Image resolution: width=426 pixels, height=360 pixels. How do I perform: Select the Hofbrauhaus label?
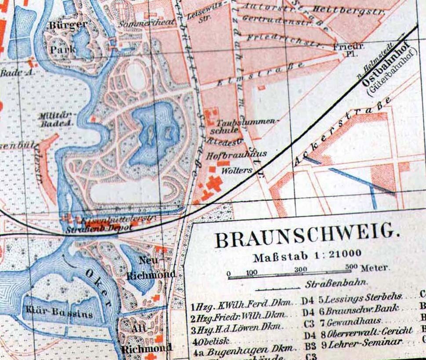click(x=237, y=154)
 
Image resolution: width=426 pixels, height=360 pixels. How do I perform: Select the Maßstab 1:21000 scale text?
click(x=308, y=254)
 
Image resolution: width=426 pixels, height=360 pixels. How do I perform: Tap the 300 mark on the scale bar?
click(x=301, y=269)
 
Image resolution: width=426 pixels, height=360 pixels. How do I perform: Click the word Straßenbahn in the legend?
click(x=337, y=284)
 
